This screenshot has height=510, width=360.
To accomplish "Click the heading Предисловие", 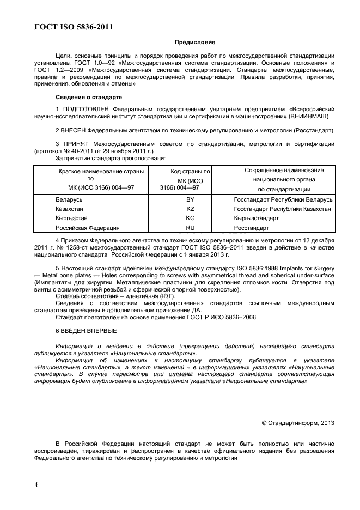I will click(x=194, y=42).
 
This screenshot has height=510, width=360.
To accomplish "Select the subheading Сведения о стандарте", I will click(x=89, y=97).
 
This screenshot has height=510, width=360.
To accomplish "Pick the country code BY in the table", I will click(x=190, y=199).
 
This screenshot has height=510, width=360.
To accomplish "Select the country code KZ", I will click(x=190, y=209).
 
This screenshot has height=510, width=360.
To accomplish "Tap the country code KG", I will click(x=190, y=218).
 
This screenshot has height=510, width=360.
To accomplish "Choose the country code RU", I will click(x=190, y=228).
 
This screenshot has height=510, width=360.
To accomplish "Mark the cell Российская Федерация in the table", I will click(x=87, y=228).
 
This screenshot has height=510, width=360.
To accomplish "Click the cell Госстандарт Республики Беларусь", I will click(x=283, y=199).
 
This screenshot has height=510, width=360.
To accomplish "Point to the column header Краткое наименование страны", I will click(x=101, y=171).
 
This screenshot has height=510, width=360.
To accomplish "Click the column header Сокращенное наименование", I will click(x=284, y=171).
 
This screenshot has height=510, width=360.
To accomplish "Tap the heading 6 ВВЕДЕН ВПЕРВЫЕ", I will click(x=86, y=331).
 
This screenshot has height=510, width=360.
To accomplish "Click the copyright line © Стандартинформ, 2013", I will click(x=298, y=422).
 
